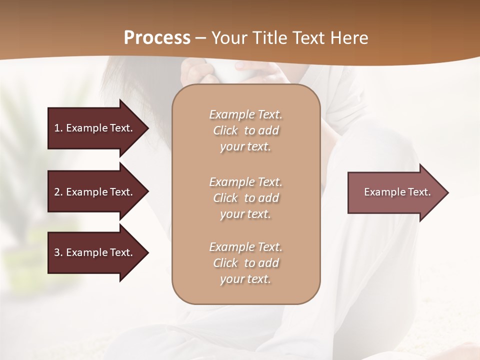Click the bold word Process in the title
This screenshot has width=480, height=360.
tap(157, 37)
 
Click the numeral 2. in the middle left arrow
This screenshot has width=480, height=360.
tap(58, 192)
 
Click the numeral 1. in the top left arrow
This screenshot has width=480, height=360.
tap(58, 128)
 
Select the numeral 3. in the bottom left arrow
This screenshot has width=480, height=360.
tap(58, 252)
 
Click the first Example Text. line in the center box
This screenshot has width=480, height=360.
tap(245, 114)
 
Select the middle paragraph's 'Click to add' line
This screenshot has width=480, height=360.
tap(245, 198)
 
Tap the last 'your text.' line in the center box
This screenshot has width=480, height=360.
tap(245, 279)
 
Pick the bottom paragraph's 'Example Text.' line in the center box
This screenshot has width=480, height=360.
tap(245, 247)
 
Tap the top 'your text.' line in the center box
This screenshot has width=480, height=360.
tap(245, 146)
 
